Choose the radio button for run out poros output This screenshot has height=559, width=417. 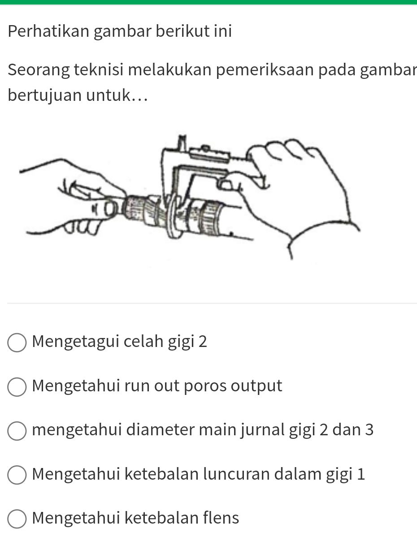(x=17, y=387)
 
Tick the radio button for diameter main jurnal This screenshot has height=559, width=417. (x=17, y=431)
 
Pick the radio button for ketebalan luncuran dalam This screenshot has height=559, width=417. (x=17, y=475)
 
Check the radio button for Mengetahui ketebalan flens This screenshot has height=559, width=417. (x=17, y=519)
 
